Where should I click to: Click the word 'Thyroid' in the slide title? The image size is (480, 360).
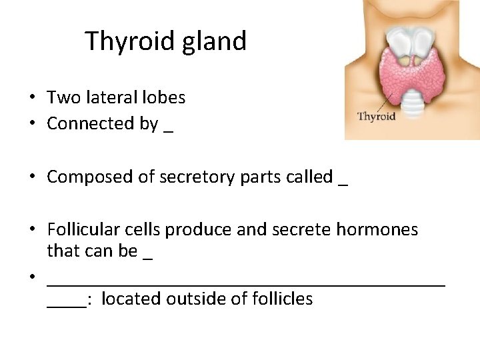[x=127, y=41]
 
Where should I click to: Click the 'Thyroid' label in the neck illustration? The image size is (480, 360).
[x=377, y=116]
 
